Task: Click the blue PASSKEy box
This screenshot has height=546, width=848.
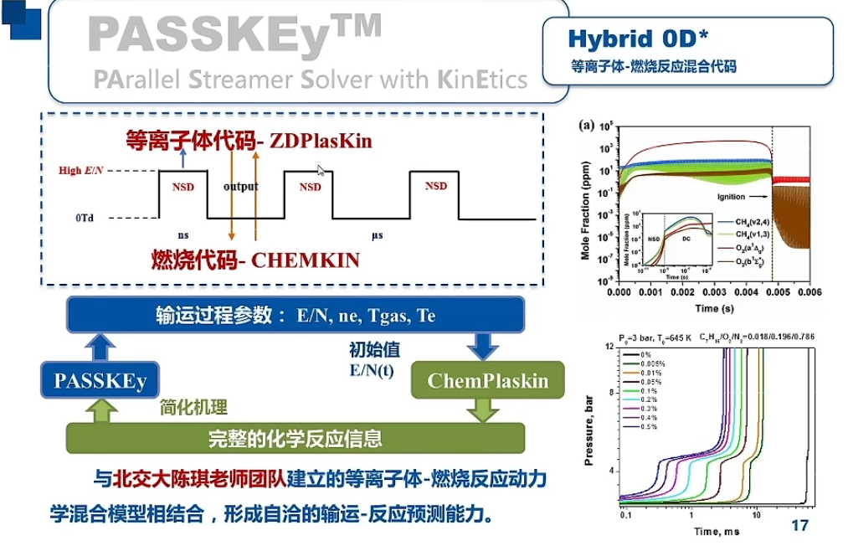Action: pyautogui.click(x=100, y=381)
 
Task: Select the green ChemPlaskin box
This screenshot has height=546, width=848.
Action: pyautogui.click(x=475, y=381)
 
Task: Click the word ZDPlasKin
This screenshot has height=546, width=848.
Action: pyautogui.click(x=321, y=142)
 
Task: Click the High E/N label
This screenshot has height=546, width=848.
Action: pyautogui.click(x=81, y=171)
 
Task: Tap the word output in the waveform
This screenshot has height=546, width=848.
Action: pyautogui.click(x=240, y=186)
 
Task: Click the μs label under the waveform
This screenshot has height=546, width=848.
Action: pyautogui.click(x=377, y=235)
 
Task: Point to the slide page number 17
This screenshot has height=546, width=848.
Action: pyautogui.click(x=799, y=526)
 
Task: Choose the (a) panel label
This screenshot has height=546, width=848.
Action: pyautogui.click(x=586, y=126)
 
